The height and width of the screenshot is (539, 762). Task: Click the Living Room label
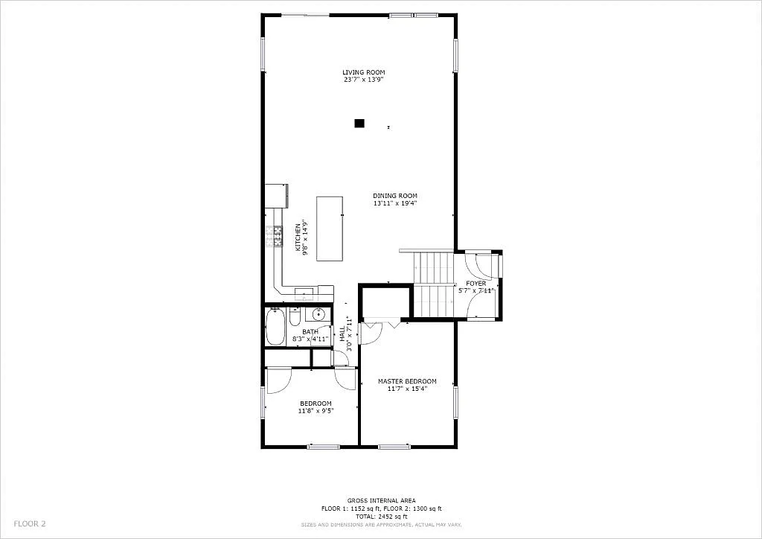pos(363,72)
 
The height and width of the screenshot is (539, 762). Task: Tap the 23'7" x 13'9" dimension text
pos(363,80)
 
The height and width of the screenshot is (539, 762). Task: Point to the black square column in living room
pos(359,123)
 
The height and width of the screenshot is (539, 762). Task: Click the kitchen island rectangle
pos(330,228)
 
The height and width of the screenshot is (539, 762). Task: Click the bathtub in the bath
pos(275,328)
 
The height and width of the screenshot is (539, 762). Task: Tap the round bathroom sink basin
pos(318,313)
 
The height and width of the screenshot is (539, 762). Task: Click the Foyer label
pos(476,284)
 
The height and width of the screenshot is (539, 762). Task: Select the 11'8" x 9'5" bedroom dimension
pos(316,410)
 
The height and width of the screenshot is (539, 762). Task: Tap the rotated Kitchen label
pos(298,237)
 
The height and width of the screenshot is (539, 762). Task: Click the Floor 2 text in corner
pos(30,523)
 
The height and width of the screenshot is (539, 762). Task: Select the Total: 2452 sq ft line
pos(381,516)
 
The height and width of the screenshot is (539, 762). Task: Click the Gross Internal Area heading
pos(381,500)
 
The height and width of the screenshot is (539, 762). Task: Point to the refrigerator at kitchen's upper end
pos(277,196)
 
